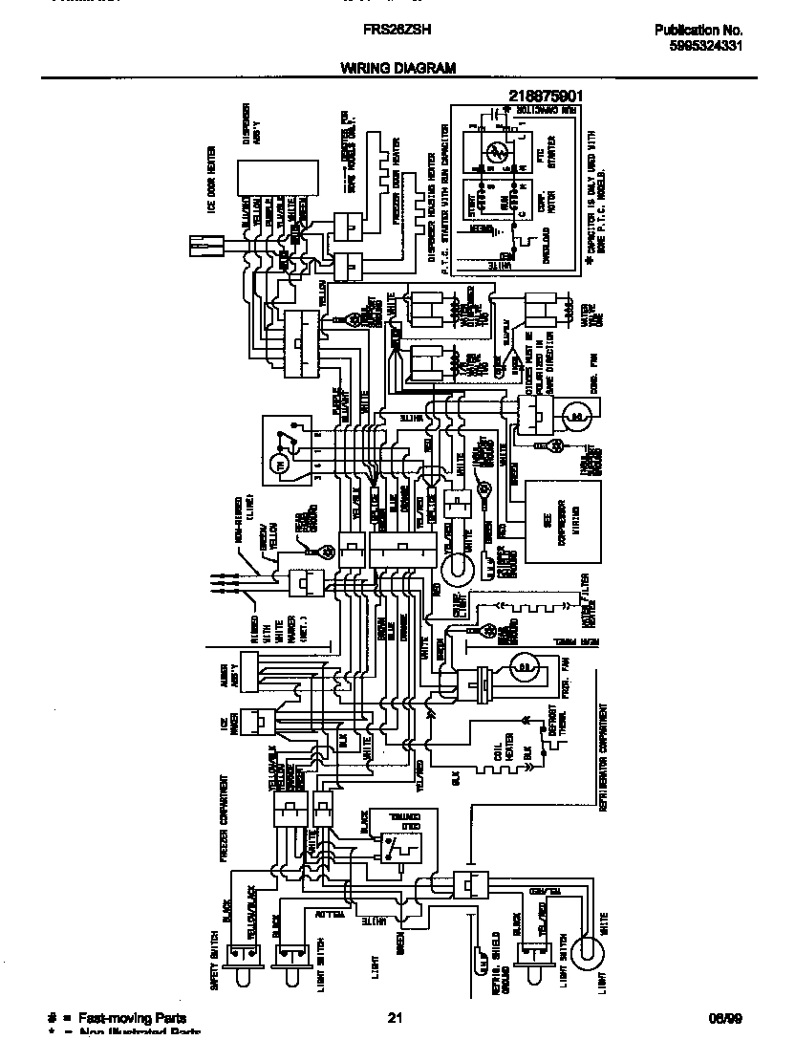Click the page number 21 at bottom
pos(396,1019)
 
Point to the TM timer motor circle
pos(282,465)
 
